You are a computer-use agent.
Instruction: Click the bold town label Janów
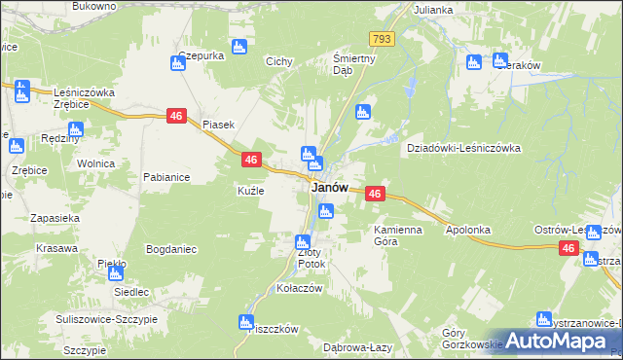[329, 187]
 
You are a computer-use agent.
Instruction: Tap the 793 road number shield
[381, 38]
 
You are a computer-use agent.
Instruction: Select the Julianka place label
[433, 10]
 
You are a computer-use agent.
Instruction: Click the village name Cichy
[279, 61]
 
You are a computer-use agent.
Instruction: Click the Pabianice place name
[165, 177]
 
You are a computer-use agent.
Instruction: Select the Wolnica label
[96, 164]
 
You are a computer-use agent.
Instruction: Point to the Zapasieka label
[55, 218]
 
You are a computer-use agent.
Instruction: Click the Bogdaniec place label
[171, 249]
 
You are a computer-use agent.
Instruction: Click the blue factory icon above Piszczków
[245, 322]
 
